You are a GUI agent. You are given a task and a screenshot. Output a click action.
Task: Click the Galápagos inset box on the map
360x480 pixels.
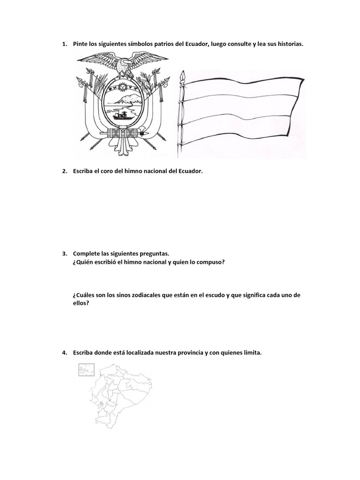pos(84,370)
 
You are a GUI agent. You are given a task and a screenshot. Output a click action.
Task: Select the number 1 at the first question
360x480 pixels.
pos(64,44)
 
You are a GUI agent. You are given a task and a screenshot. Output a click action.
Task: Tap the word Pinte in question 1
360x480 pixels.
pos(81,44)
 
